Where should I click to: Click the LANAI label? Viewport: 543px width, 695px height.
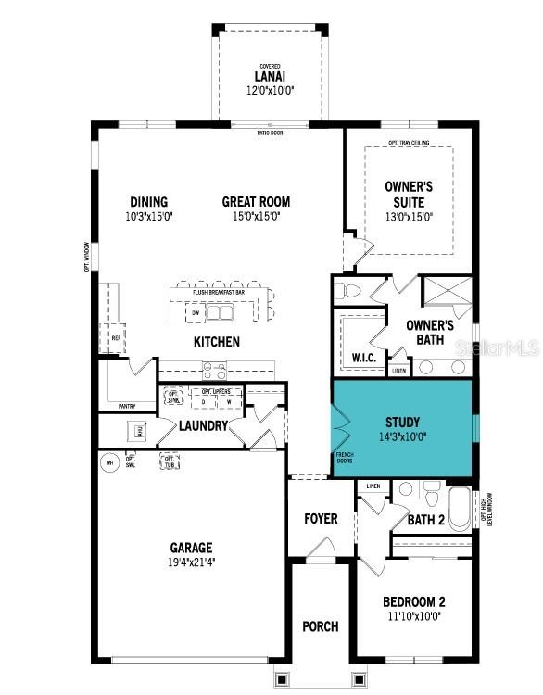(x=270, y=77)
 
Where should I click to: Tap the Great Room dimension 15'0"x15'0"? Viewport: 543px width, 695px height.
(x=256, y=216)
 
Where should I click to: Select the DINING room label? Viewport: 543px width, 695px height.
(x=148, y=202)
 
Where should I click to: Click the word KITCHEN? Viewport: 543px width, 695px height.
(x=217, y=342)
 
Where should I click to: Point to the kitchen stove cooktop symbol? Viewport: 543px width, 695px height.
(x=215, y=371)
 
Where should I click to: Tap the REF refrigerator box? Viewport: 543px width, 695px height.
(x=116, y=338)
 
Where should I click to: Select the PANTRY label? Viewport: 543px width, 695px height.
(x=127, y=406)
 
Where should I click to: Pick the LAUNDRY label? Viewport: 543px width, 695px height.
(x=203, y=426)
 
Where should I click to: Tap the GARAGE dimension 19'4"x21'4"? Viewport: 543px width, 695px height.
(x=191, y=562)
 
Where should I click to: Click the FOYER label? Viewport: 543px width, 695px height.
(x=321, y=519)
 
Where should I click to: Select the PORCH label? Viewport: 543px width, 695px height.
(x=320, y=627)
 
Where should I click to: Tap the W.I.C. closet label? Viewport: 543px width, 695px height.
(x=362, y=358)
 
